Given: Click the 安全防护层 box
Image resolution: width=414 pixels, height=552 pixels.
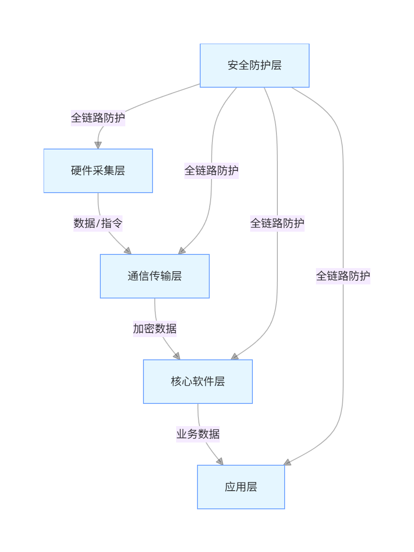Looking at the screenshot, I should pyautogui.click(x=254, y=65).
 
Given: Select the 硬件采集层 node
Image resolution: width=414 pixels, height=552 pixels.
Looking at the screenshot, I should pyautogui.click(x=98, y=171).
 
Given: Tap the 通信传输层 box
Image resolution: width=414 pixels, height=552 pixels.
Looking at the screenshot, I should pyautogui.click(x=154, y=276).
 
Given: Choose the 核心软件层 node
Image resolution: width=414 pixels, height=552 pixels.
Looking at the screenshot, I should pyautogui.click(x=197, y=382).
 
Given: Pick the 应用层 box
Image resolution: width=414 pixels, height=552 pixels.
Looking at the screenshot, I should pyautogui.click(x=241, y=487).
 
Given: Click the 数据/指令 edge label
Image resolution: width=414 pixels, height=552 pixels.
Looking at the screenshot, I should pyautogui.click(x=98, y=224).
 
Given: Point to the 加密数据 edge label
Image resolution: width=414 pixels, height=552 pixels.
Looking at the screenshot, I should pyautogui.click(x=154, y=328).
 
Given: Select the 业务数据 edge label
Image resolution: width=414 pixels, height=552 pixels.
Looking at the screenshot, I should pyautogui.click(x=198, y=434).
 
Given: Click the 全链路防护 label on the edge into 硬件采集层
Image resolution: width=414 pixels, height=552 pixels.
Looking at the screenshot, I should pyautogui.click(x=98, y=118).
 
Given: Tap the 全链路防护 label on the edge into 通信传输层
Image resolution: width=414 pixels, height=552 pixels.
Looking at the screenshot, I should pyautogui.click(x=211, y=171).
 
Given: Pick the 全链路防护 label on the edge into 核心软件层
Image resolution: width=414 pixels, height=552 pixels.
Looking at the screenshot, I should pyautogui.click(x=277, y=224).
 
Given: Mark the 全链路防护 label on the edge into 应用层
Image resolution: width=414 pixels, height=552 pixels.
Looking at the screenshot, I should pyautogui.click(x=343, y=276).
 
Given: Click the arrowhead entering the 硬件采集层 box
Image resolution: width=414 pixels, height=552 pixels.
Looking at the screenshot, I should pyautogui.click(x=98, y=145).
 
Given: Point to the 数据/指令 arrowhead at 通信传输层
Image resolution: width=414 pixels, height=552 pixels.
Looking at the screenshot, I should pyautogui.click(x=128, y=251).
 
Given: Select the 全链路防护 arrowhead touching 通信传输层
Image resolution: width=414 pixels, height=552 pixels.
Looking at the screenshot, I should pyautogui.click(x=182, y=251).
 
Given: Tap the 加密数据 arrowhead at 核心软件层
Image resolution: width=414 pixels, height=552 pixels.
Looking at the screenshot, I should pyautogui.click(x=177, y=356).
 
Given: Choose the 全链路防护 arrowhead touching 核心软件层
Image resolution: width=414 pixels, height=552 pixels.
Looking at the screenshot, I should pyautogui.click(x=234, y=357).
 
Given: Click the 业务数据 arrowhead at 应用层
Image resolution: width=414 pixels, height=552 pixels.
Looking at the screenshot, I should pyautogui.click(x=220, y=462).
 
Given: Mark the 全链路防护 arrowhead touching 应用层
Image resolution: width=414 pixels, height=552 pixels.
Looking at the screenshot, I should pyautogui.click(x=287, y=462).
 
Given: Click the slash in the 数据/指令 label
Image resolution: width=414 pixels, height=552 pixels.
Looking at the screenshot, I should pyautogui.click(x=98, y=224).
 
